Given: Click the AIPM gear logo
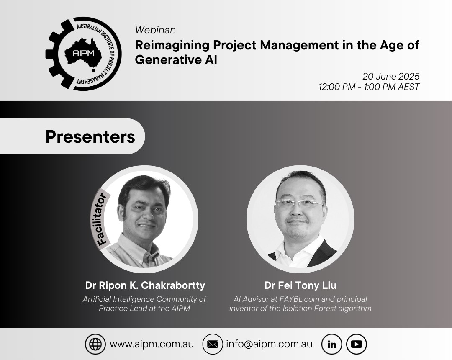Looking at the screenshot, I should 84,53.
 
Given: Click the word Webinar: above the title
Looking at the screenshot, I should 155,30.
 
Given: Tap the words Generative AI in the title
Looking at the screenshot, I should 176,60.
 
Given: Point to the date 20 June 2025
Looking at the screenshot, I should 390,76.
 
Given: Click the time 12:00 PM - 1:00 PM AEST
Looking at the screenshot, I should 369,87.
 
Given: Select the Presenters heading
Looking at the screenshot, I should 90,136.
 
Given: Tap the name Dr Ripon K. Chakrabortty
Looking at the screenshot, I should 145,285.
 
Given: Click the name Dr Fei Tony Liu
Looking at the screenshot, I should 300,285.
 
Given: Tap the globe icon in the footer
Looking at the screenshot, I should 95,344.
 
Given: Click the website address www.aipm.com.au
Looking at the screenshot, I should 152,344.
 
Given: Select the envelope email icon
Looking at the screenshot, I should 213,344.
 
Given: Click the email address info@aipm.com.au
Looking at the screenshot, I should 269,344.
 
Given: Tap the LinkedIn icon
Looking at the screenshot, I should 332,344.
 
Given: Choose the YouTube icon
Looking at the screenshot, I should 357,344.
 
